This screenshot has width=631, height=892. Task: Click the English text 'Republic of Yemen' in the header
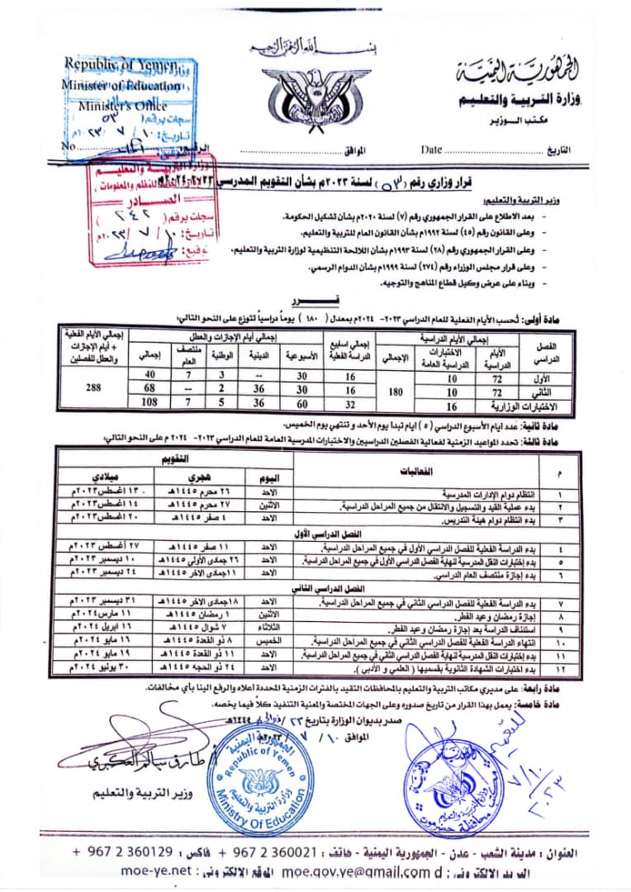[x=121, y=64]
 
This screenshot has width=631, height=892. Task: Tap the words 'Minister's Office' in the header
[x=122, y=106]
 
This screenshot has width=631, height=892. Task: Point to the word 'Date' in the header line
[x=431, y=150]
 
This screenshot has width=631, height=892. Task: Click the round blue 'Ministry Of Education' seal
[x=260, y=767]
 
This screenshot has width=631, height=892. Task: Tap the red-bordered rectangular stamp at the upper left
[x=149, y=211]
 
